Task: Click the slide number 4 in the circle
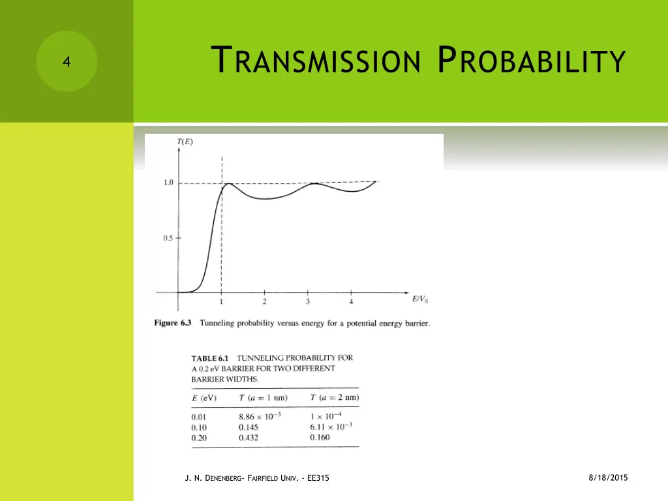[66, 62]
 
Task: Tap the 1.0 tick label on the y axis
[168, 183]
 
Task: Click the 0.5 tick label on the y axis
[168, 238]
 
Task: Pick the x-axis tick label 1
[222, 301]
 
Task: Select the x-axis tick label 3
[307, 301]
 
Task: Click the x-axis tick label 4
[351, 301]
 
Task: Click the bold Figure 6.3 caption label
[174, 324]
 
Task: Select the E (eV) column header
[204, 398]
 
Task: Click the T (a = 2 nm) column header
[334, 398]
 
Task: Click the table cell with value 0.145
[249, 427]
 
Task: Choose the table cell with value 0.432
[249, 438]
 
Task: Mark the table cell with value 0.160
[320, 437]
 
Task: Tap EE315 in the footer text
[317, 479]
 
